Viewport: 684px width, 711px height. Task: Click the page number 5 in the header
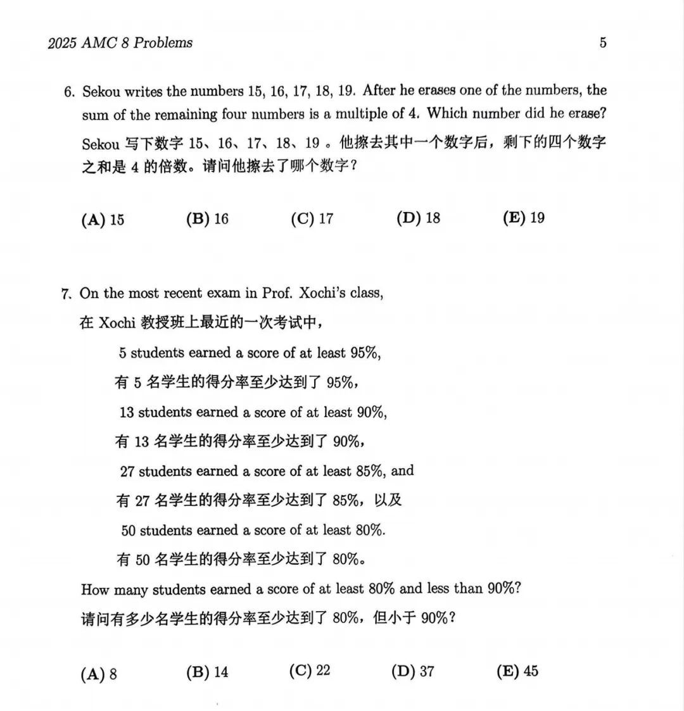(x=603, y=43)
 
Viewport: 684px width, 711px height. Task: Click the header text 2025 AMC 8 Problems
(x=120, y=43)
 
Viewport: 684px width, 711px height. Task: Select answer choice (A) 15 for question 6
(x=103, y=220)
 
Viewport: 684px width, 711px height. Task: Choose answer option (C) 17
(x=312, y=219)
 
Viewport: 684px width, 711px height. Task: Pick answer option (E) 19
(x=524, y=218)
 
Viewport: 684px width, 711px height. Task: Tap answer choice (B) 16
(x=208, y=219)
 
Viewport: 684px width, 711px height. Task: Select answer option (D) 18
(x=418, y=218)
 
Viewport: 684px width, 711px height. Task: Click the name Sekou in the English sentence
(x=101, y=92)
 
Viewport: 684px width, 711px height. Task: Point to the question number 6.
(x=69, y=92)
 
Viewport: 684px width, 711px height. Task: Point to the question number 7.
(x=65, y=294)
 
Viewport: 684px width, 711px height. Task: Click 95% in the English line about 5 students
(x=365, y=353)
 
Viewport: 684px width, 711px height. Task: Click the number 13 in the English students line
(x=127, y=412)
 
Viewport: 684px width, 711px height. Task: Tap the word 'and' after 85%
(x=403, y=471)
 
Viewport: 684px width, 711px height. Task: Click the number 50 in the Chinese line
(x=142, y=560)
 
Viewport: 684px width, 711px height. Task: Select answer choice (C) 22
(x=310, y=671)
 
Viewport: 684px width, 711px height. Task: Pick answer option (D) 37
(x=413, y=671)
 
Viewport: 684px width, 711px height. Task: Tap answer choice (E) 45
(x=517, y=671)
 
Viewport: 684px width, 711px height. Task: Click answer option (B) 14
(x=207, y=672)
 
